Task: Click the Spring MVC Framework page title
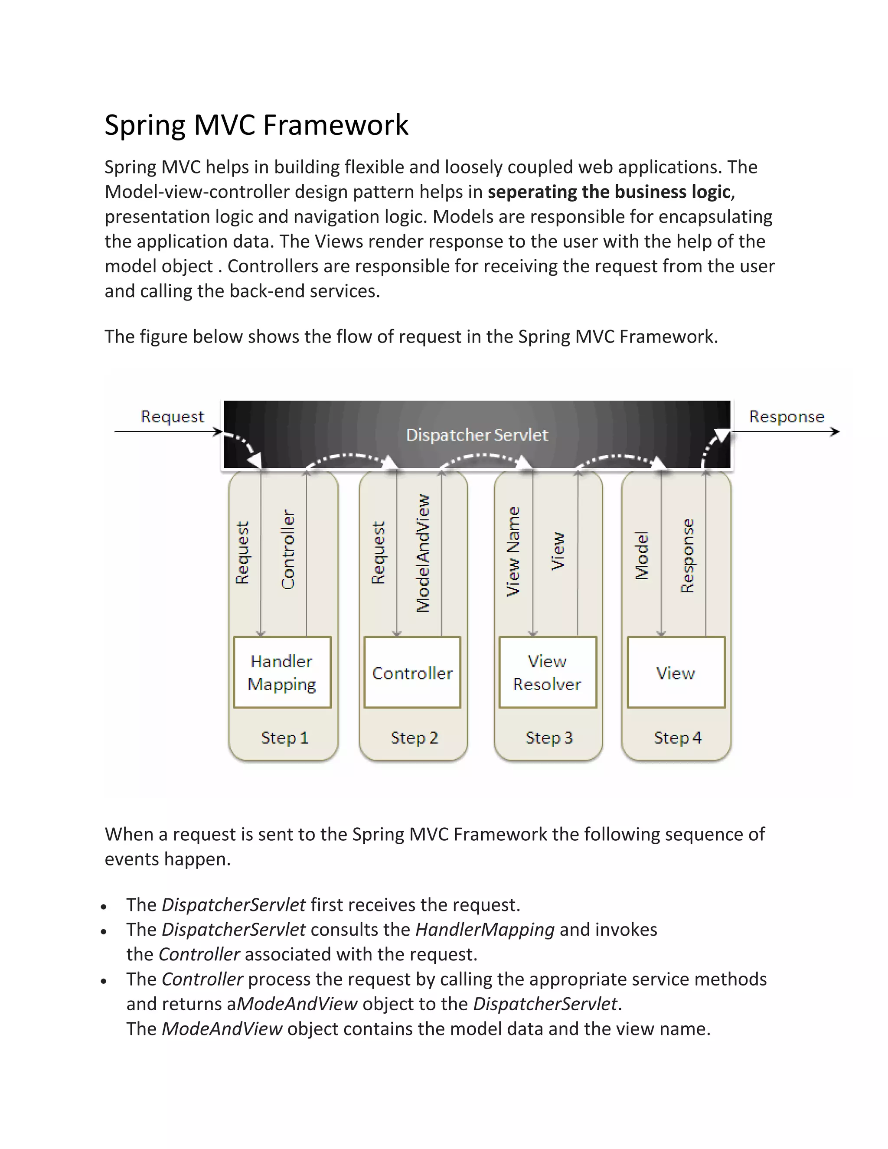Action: pos(256,125)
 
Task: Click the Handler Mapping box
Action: pos(282,672)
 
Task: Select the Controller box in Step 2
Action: pos(412,673)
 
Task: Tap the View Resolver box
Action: pos(547,672)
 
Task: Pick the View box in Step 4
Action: pos(676,673)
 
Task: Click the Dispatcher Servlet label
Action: pos(477,435)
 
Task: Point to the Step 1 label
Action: pos(284,738)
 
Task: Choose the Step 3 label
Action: pos(549,738)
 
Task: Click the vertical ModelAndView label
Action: pos(423,553)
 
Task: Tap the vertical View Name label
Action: pos(513,552)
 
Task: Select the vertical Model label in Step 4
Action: pos(642,555)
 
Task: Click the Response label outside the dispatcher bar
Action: pos(787,417)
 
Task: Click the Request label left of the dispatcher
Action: pos(172,417)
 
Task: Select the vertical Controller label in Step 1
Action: pos(288,549)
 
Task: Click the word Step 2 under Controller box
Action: pos(415,738)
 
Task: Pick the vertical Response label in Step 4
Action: pos(688,555)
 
